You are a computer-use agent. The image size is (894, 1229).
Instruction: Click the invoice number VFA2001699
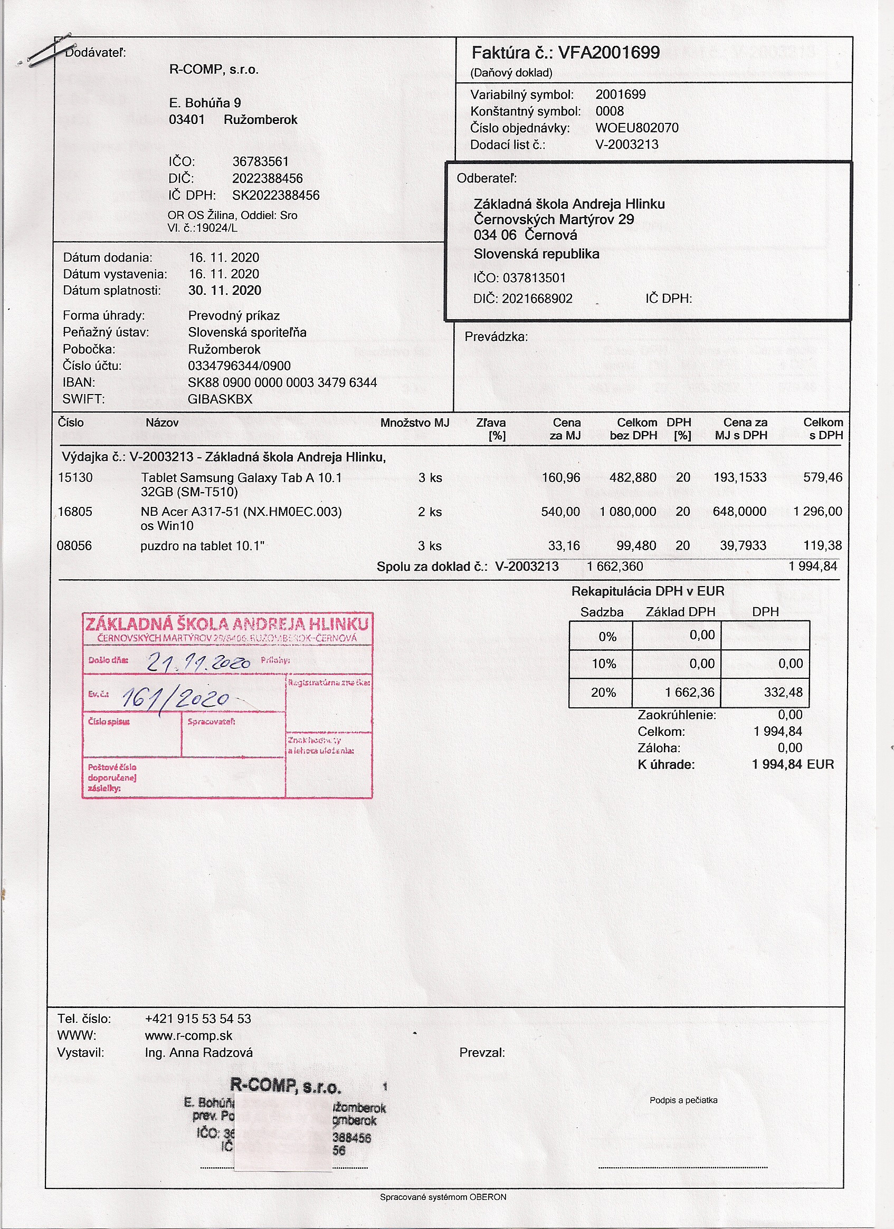pyautogui.click(x=609, y=53)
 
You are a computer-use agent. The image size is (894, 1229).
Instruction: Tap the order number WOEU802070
pyautogui.click(x=636, y=128)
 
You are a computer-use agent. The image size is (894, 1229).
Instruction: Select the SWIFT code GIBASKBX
pyautogui.click(x=220, y=399)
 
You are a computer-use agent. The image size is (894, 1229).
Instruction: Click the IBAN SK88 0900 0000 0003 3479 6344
pyautogui.click(x=282, y=382)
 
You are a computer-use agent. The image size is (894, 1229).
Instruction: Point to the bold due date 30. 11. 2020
pyautogui.click(x=224, y=291)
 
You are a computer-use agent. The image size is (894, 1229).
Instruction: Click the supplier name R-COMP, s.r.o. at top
pyautogui.click(x=214, y=69)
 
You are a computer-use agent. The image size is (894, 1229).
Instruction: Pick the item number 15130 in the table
pyautogui.click(x=75, y=477)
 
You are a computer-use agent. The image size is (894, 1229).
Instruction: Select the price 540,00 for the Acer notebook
pyautogui.click(x=560, y=512)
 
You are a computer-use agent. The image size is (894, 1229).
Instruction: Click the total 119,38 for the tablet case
pyautogui.click(x=822, y=546)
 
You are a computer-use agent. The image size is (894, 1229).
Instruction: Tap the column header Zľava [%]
pyautogui.click(x=491, y=429)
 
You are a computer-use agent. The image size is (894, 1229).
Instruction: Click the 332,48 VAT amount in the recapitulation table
pyautogui.click(x=783, y=692)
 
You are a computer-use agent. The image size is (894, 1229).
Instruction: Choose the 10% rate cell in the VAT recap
pyautogui.click(x=603, y=664)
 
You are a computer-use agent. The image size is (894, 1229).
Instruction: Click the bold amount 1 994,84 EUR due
pyautogui.click(x=793, y=765)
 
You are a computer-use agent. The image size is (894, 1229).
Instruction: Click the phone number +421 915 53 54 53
pyautogui.click(x=198, y=1019)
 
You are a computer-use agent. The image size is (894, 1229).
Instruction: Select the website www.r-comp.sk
pyautogui.click(x=188, y=1035)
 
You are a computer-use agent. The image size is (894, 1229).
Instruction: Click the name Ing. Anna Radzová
pyautogui.click(x=198, y=1052)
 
